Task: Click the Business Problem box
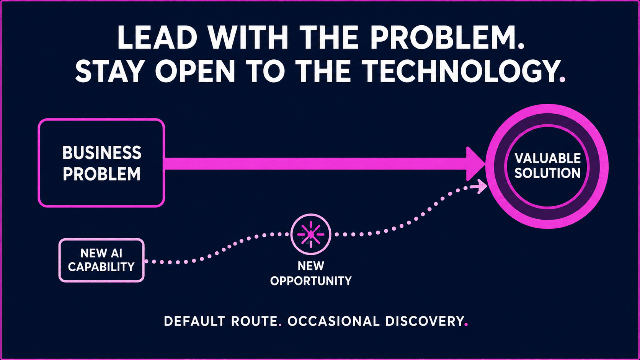point(101,163)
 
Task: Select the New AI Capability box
point(101,260)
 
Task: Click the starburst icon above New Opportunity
point(311,235)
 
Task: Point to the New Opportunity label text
point(311,274)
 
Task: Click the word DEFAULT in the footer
point(194,321)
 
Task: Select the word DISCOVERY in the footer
point(424,321)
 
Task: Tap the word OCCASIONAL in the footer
point(333,321)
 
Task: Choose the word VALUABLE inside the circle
point(547,158)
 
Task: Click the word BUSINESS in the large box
point(102,153)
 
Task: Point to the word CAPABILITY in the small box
point(101,267)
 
